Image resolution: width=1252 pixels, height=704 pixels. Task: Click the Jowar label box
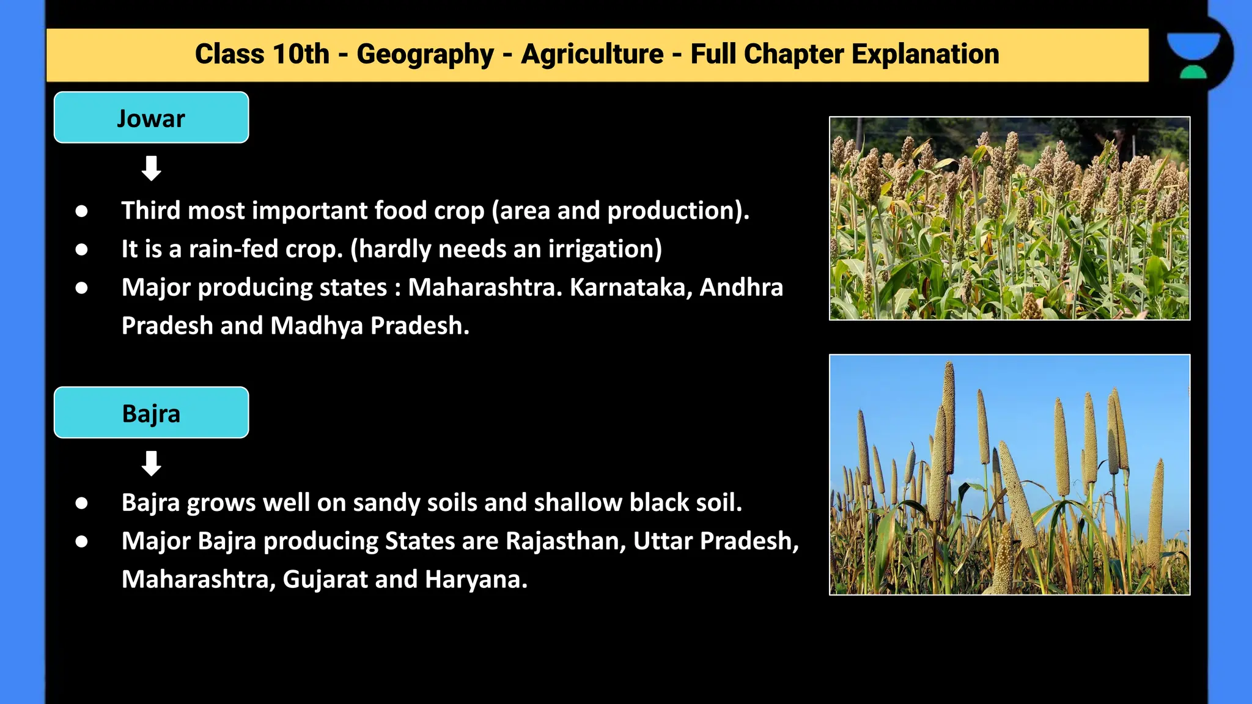point(151,118)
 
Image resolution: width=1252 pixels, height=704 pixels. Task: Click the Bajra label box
point(151,413)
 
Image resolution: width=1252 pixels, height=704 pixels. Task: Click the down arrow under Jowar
point(151,168)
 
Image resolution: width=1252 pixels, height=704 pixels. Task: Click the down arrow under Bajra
point(151,463)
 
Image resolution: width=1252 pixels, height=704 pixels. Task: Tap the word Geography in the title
point(425,54)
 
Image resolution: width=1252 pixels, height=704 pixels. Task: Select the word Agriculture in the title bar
point(592,54)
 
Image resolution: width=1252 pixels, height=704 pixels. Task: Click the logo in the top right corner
point(1193,55)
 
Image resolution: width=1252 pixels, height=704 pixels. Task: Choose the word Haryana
point(476,580)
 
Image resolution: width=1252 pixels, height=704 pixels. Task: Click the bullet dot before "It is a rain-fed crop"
point(81,249)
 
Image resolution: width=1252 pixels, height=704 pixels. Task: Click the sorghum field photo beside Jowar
point(1009,218)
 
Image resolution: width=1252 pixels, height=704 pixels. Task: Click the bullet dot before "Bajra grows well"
point(81,503)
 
